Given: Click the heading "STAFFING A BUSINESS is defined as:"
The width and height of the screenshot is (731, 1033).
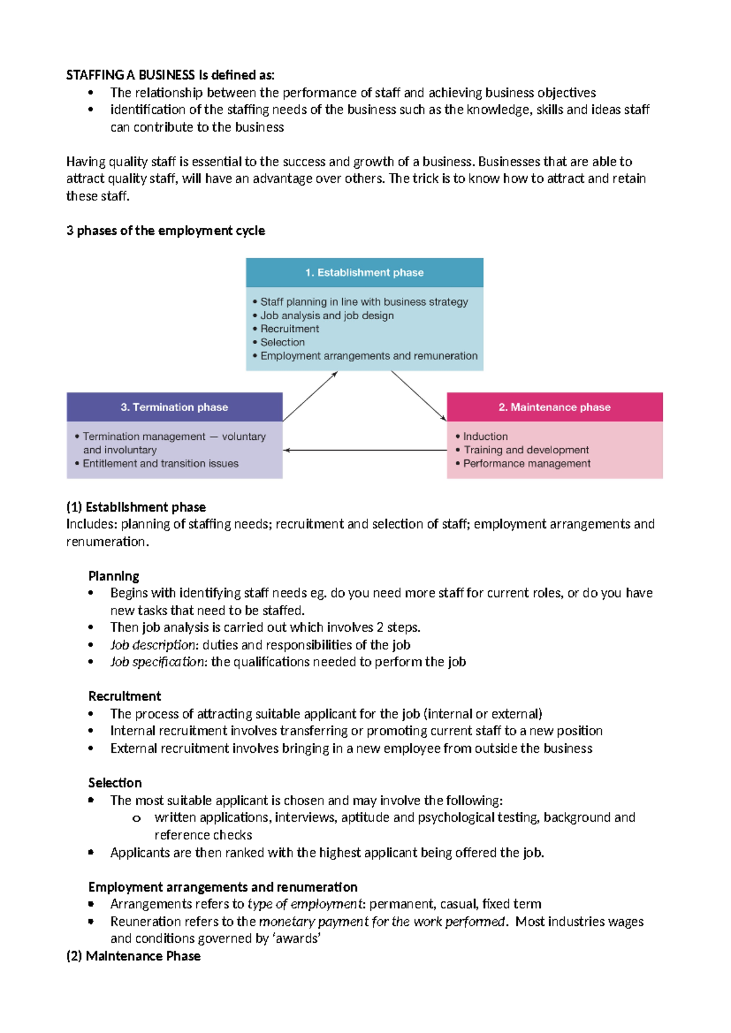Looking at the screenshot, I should [x=170, y=75].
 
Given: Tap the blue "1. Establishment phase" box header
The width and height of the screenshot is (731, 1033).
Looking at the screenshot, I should [x=364, y=272].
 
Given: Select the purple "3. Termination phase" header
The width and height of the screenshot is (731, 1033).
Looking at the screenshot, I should [x=174, y=407].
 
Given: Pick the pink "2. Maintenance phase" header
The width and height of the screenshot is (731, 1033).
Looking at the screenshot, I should [x=554, y=407].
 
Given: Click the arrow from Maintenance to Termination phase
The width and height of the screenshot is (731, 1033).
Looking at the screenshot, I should [x=365, y=450].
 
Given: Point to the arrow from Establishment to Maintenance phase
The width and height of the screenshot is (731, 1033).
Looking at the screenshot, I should [x=418, y=396].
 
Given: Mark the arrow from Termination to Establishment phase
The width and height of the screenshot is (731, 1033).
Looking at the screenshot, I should [x=310, y=396].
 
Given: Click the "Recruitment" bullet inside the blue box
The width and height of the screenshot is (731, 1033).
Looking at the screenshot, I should [x=289, y=329].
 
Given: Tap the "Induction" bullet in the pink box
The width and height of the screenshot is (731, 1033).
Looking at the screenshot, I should [x=485, y=436].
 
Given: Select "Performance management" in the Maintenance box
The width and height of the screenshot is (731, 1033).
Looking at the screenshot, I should [x=526, y=464].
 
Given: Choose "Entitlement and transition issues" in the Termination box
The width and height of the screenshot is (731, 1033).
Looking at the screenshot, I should [x=160, y=464].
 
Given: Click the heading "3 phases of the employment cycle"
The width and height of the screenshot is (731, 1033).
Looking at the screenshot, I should [x=166, y=231].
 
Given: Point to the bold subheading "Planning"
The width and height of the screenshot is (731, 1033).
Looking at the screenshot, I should [x=113, y=576].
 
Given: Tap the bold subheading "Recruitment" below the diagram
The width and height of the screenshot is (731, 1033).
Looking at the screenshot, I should [x=124, y=696].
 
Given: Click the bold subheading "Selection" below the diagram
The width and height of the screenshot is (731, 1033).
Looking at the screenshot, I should [x=115, y=783].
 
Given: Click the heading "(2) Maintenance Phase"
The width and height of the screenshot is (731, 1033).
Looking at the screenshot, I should [x=133, y=956].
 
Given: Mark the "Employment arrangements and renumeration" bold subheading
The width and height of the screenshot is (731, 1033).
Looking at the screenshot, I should [x=222, y=887].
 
